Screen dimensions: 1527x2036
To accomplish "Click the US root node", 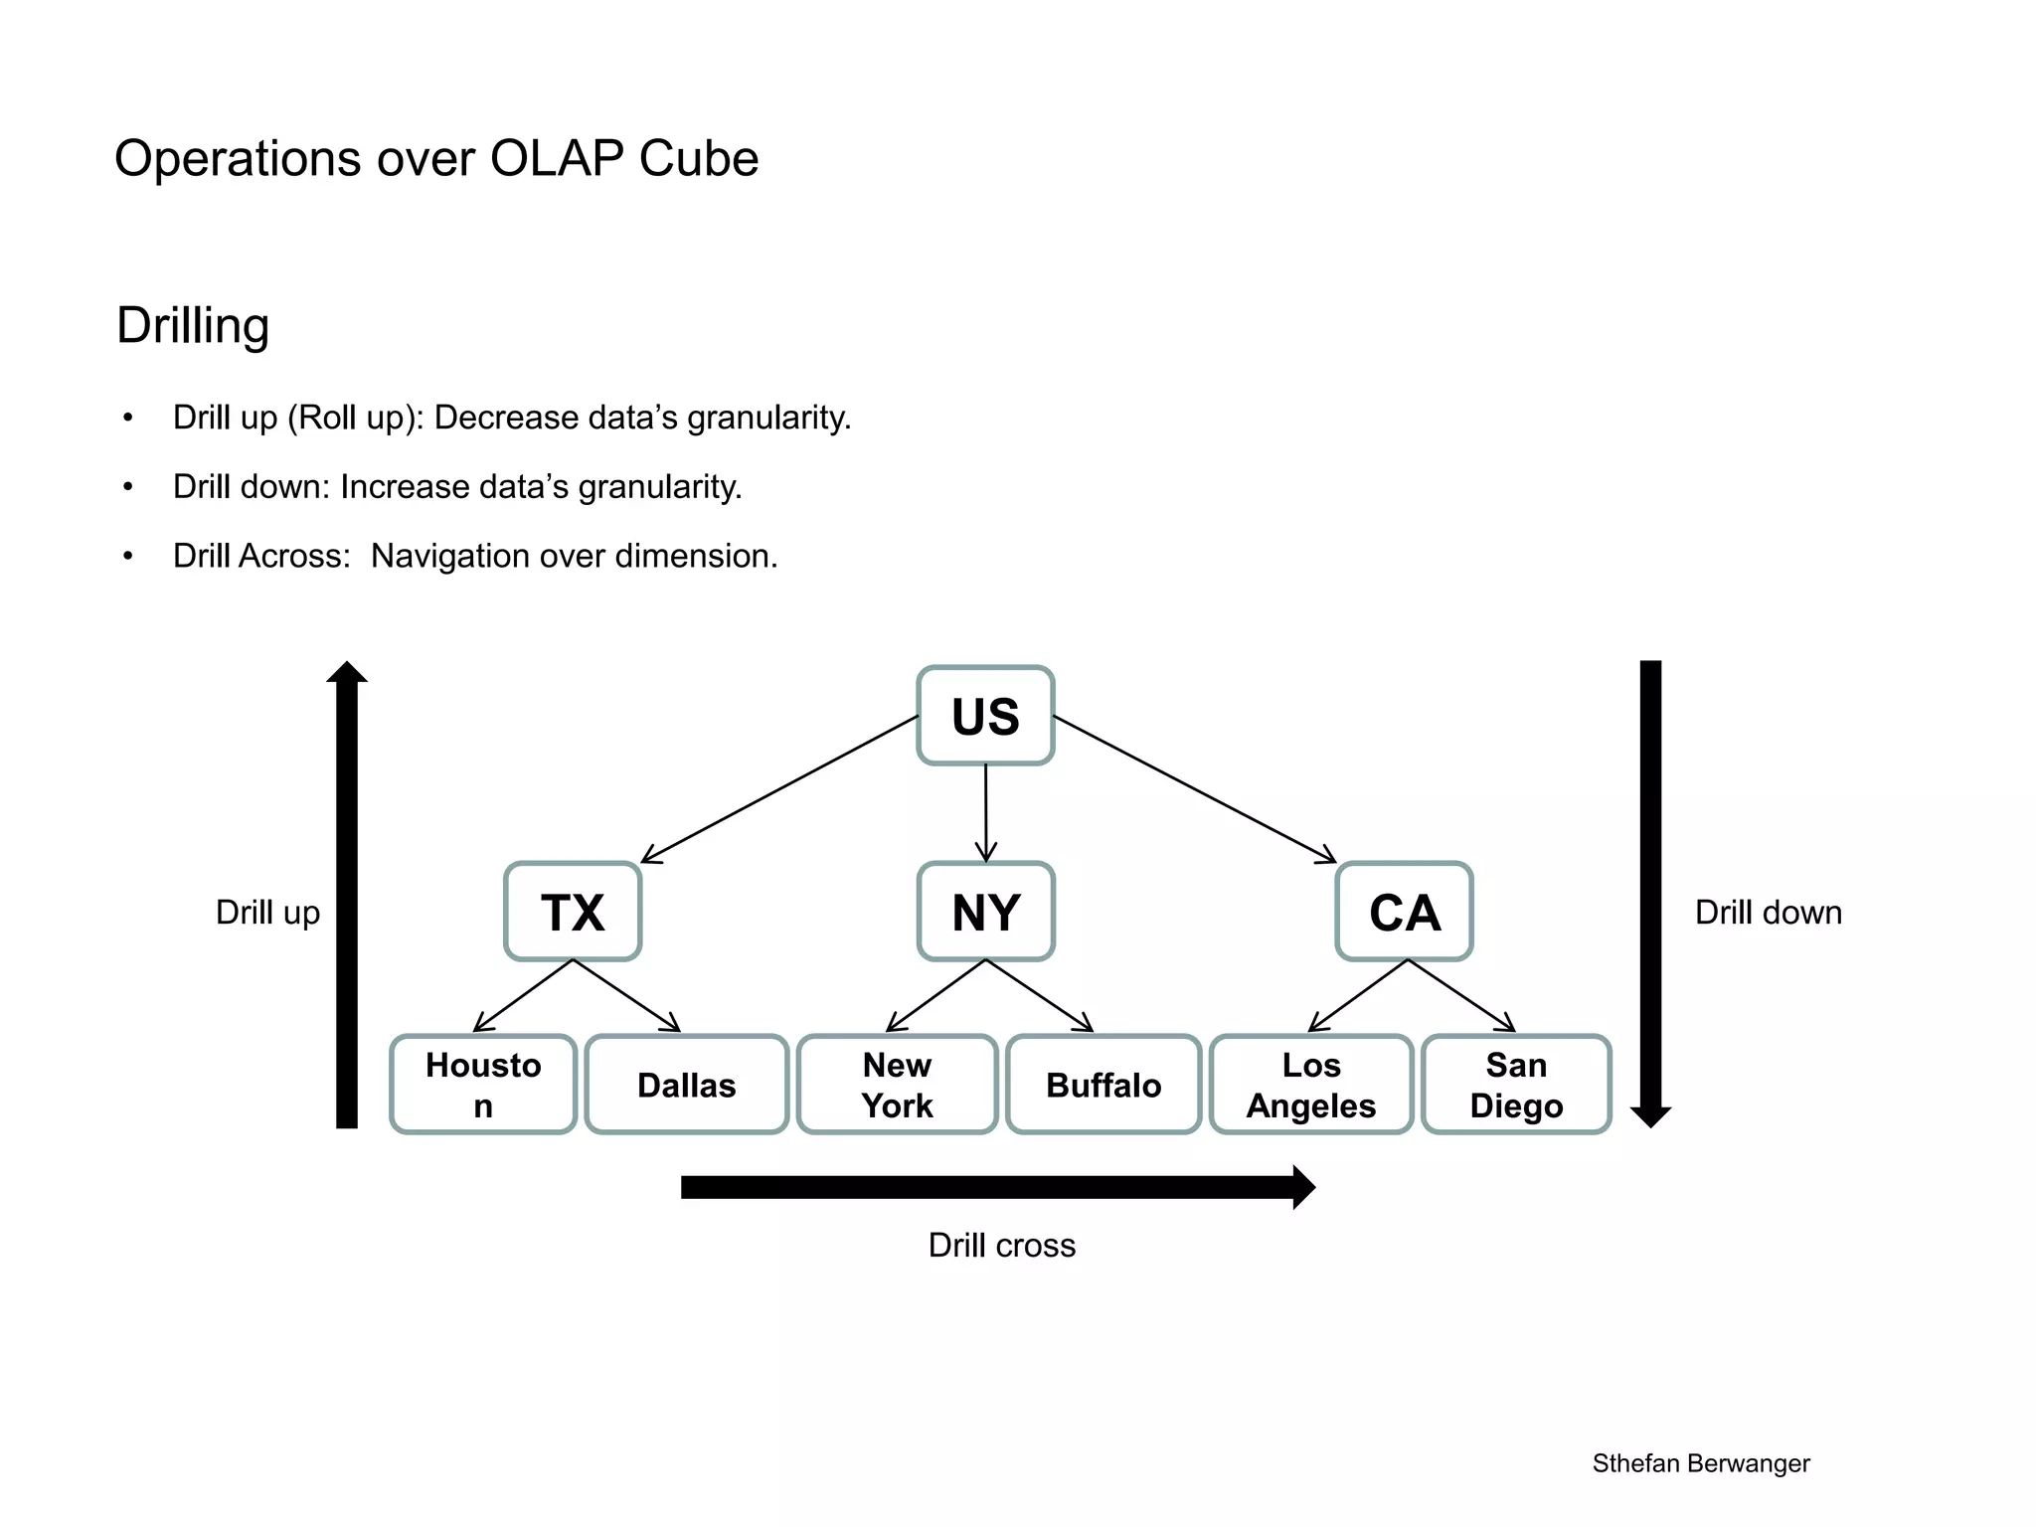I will (985, 716).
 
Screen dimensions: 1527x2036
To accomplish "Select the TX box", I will (573, 912).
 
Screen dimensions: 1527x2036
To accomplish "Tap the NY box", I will (985, 912).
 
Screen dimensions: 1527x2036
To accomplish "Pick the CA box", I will (1404, 912).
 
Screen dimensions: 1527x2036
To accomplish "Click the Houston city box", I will (483, 1085).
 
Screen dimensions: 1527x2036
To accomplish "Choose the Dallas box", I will (686, 1085).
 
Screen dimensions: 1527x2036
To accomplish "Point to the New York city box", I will (897, 1085).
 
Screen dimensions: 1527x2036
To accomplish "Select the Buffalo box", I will (1103, 1085).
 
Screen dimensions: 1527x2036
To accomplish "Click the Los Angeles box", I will (1311, 1085).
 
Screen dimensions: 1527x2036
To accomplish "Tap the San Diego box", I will (1516, 1085).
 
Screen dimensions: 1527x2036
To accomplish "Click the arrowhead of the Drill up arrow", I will (347, 673).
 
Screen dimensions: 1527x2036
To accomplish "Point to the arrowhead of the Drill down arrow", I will (1650, 1115).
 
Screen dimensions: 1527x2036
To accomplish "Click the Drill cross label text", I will (1001, 1246).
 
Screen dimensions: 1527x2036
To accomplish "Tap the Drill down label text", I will (1768, 913).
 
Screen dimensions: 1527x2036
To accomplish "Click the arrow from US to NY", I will (985, 810).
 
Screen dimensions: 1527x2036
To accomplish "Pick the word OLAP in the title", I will (557, 159).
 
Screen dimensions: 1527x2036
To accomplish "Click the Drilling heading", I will (193, 325).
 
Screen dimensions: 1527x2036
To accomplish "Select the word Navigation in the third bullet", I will (449, 556).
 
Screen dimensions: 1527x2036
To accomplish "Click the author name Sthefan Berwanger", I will (1700, 1463).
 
